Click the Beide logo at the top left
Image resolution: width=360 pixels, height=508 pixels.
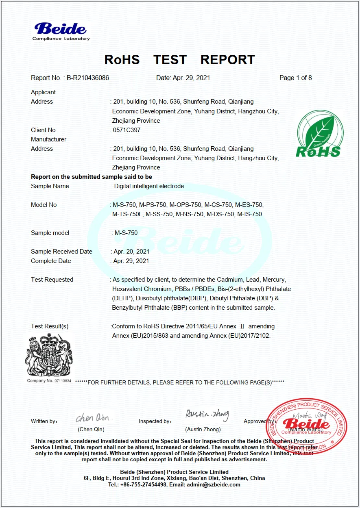tap(61, 31)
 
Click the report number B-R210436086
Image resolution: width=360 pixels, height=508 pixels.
tap(88, 78)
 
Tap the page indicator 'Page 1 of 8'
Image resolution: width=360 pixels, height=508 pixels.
tap(295, 78)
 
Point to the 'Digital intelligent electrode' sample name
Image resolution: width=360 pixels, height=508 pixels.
tap(149, 186)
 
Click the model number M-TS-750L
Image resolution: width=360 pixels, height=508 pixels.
tap(127, 214)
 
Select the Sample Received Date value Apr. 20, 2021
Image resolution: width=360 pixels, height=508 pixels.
tap(131, 252)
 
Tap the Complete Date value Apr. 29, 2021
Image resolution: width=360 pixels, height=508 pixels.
tap(131, 261)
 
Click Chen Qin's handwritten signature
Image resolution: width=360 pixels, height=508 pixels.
tap(92, 418)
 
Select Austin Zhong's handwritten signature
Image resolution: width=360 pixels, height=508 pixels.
tap(207, 415)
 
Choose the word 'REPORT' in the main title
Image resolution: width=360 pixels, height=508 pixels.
tap(227, 60)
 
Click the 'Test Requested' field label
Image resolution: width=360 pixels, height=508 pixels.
tap(52, 280)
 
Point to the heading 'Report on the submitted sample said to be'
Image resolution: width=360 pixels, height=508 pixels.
tap(92, 177)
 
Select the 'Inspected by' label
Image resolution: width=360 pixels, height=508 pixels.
tap(155, 421)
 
